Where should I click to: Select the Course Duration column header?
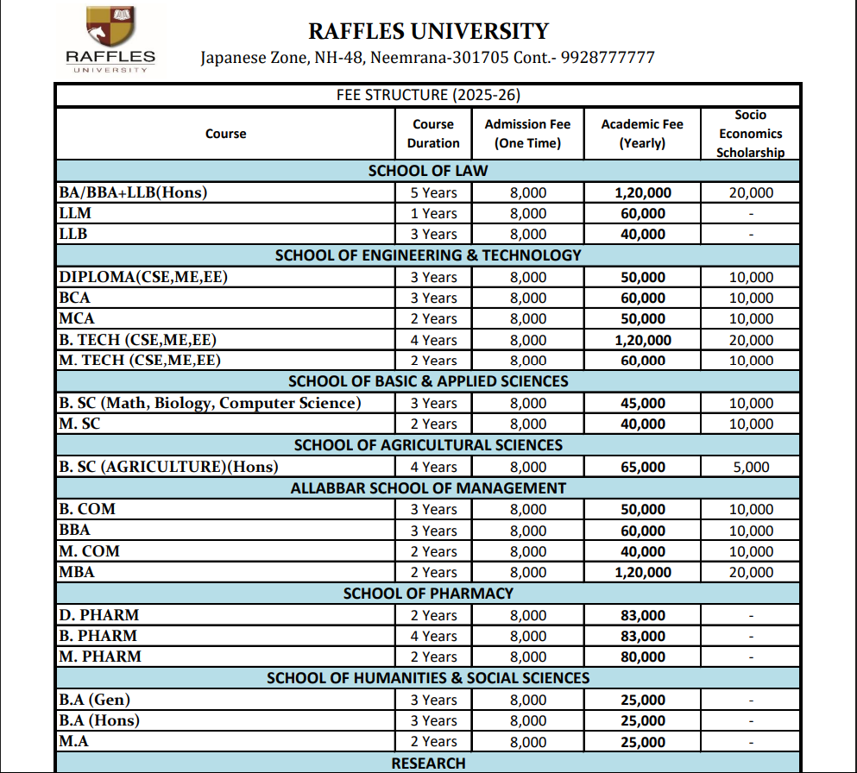click(x=433, y=134)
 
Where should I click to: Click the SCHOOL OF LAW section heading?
click(x=428, y=171)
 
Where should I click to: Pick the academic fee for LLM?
click(x=643, y=213)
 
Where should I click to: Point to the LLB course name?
click(x=73, y=234)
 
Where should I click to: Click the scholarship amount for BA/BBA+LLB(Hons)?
click(x=751, y=192)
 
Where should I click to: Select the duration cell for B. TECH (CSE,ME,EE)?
click(x=433, y=340)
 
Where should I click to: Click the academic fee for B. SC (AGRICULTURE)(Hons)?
click(x=643, y=467)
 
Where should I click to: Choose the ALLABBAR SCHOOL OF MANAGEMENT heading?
click(x=428, y=488)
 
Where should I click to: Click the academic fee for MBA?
click(x=643, y=572)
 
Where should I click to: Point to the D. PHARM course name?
click(x=99, y=615)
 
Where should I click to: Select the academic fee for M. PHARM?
click(x=643, y=657)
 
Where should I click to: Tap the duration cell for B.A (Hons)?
click(x=433, y=720)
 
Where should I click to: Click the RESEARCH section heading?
click(x=428, y=764)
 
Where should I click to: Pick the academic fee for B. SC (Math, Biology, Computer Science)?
click(x=643, y=403)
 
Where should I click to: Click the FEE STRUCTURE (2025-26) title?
click(x=428, y=95)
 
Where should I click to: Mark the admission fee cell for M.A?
click(x=528, y=741)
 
